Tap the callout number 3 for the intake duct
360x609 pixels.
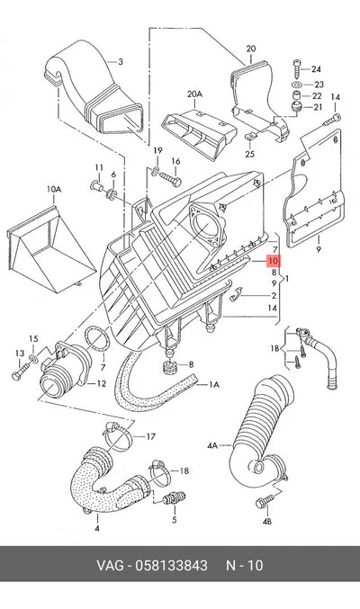[x=121, y=62]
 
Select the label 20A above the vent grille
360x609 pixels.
[x=194, y=94]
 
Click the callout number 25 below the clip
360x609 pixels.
[x=249, y=154]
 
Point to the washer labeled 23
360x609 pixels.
[x=296, y=85]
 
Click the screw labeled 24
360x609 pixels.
[x=296, y=68]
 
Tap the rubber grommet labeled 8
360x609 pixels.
[x=169, y=367]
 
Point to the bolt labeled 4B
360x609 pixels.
[x=264, y=503]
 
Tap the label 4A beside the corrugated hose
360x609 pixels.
[x=212, y=446]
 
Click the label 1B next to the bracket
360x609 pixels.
[x=274, y=348]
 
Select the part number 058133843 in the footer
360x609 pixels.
[x=171, y=565]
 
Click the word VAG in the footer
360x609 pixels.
[x=111, y=565]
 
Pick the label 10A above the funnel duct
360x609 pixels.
[x=54, y=189]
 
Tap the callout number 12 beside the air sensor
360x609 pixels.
[x=101, y=384]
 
